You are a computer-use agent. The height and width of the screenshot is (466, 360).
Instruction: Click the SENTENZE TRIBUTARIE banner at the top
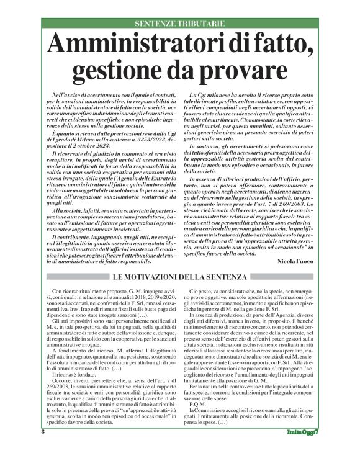point(179,24)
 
